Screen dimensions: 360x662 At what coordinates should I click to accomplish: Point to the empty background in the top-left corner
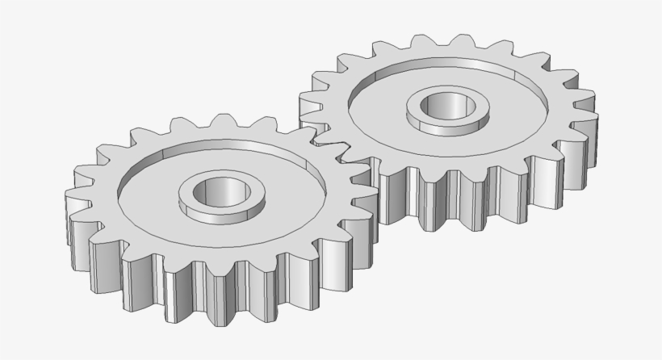[x=32, y=32]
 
